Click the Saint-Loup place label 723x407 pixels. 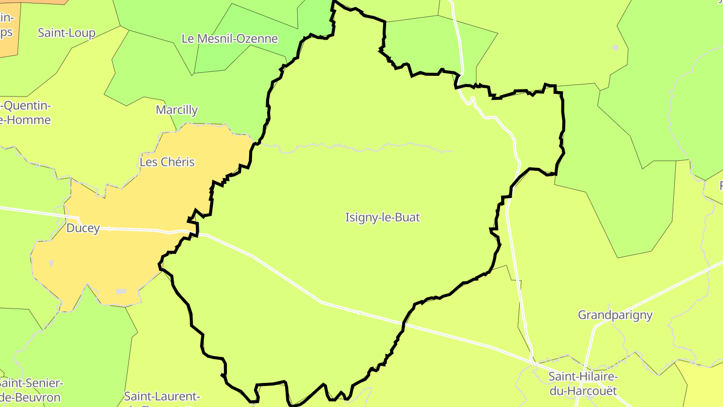coord(66,33)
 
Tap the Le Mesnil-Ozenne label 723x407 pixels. coord(229,39)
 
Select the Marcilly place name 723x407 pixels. coord(177,110)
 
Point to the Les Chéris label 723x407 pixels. coord(167,162)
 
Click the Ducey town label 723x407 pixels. coord(83,229)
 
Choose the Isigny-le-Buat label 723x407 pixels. coord(383,218)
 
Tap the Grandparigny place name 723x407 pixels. coord(615,315)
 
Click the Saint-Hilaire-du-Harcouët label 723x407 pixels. coord(582,383)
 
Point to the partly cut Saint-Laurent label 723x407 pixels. coord(162,396)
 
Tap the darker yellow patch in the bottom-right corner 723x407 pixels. coord(705,387)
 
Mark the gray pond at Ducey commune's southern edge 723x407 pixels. coord(120,291)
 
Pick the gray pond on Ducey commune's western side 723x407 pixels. coord(51,263)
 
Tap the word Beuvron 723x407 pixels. coord(38,397)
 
